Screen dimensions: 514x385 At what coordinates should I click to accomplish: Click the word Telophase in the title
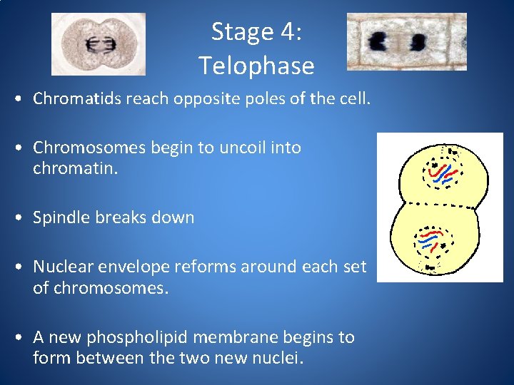coord(256,66)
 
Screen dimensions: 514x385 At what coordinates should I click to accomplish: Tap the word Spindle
coord(60,217)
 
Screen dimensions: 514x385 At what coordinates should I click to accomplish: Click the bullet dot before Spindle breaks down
coord(24,218)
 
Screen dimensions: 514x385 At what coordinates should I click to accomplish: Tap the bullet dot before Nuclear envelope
coord(24,267)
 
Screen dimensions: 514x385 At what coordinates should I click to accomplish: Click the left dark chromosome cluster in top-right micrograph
coord(379,42)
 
